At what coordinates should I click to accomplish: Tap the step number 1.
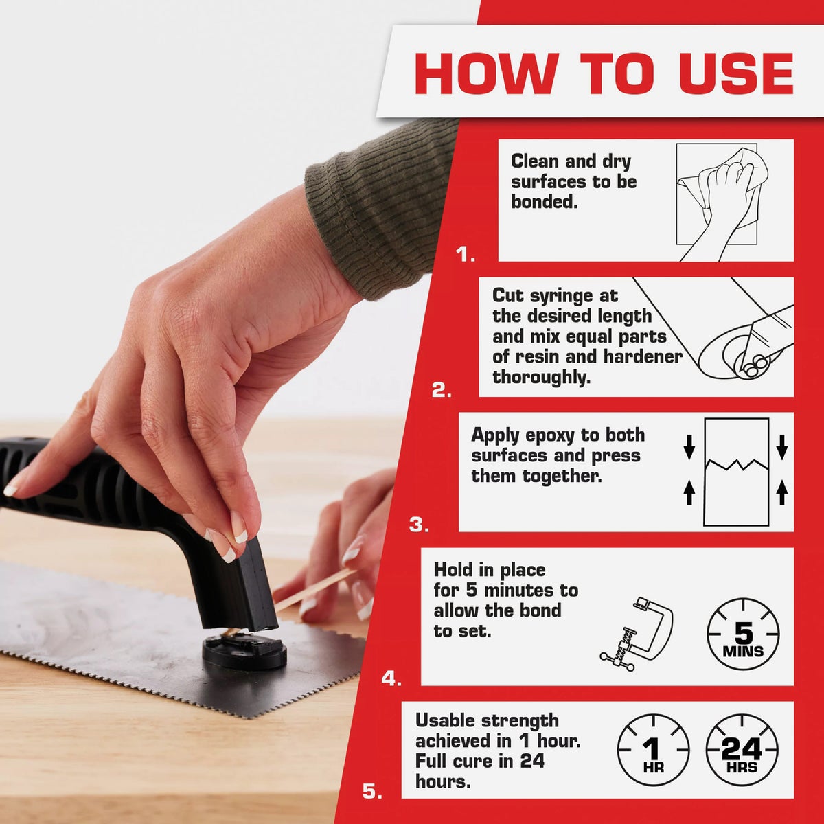pyautogui.click(x=465, y=255)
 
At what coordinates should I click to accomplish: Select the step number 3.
pyautogui.click(x=419, y=525)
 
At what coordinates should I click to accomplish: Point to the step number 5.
pyautogui.click(x=371, y=792)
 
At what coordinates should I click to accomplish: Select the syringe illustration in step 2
pyautogui.click(x=742, y=336)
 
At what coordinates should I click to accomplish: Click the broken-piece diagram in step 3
pyautogui.click(x=736, y=472)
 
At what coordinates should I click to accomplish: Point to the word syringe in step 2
pyautogui.click(x=557, y=296)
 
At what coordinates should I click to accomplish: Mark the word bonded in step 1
pyautogui.click(x=543, y=202)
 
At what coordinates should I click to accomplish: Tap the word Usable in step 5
pyautogui.click(x=448, y=720)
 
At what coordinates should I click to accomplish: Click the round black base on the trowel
pyautogui.click(x=244, y=652)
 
